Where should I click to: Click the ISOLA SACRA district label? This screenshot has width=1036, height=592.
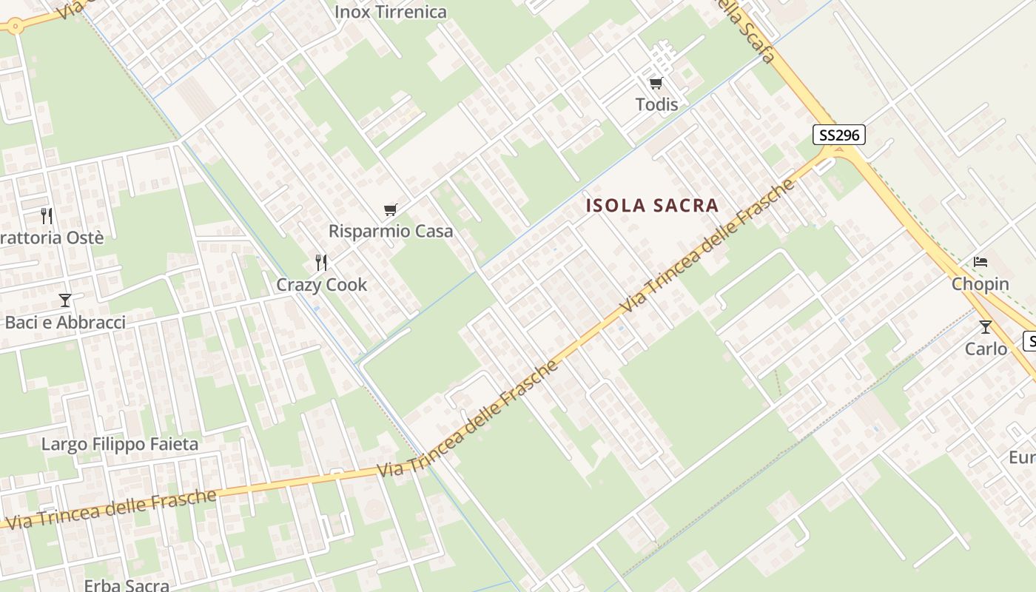(652, 206)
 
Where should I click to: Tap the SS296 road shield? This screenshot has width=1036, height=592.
(838, 135)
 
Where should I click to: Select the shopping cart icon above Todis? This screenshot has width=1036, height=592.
(656, 84)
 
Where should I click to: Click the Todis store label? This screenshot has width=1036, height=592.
(656, 104)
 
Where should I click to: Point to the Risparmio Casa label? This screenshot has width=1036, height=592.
(391, 231)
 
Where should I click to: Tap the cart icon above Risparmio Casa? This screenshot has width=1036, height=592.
(391, 210)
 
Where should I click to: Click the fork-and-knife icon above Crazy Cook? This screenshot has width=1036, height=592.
(321, 263)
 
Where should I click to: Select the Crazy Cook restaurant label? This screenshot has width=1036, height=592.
(321, 285)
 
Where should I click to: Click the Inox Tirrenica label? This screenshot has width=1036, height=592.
(391, 12)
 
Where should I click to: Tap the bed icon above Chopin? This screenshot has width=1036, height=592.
(980, 262)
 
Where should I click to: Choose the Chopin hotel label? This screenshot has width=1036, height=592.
(980, 284)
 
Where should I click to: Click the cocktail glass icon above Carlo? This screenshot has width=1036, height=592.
(985, 326)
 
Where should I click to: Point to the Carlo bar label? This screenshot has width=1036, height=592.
(986, 349)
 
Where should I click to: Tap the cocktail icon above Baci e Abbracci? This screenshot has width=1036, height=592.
(65, 300)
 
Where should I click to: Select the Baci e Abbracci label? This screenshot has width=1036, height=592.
(65, 323)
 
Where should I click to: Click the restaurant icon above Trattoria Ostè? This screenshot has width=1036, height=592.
(47, 216)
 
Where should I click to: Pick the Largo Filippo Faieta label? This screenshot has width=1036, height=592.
(120, 444)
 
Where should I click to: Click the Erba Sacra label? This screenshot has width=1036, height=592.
(127, 585)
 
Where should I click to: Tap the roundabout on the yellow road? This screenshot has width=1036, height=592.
(14, 26)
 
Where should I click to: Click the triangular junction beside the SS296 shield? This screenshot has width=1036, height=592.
(838, 151)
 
